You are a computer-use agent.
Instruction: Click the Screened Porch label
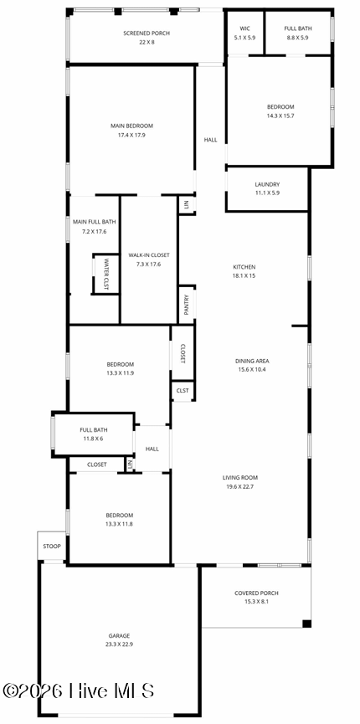pos(147,33)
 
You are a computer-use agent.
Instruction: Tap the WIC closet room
pos(244,33)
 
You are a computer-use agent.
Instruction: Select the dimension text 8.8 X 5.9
pos(297,38)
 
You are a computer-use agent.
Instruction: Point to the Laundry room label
pos(267,184)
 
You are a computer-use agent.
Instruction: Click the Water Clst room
pos(105,274)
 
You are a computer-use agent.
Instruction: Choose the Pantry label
pos(187,305)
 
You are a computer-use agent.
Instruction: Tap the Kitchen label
pos(244,267)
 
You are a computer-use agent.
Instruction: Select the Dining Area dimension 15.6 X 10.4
pos(252,369)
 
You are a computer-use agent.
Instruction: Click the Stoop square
pos(52,547)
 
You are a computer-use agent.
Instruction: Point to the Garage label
pos(119,635)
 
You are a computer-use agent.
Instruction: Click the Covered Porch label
pos(256,593)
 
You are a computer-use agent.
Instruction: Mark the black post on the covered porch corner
pos(307,624)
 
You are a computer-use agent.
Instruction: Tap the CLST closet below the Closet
pos(183,391)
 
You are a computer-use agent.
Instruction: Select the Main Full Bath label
pos(95,222)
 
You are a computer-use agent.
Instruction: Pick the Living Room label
pos(240,478)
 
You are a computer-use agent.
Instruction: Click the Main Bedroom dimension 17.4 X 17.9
pos(131,136)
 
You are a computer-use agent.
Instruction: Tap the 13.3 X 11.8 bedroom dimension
pos(119,524)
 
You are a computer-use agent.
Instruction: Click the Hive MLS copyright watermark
pos(78,691)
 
